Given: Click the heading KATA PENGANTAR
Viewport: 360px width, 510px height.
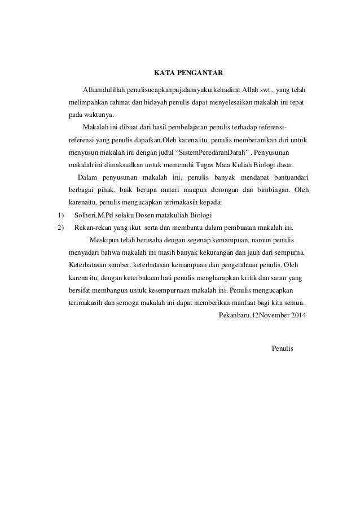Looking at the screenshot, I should [189, 73].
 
